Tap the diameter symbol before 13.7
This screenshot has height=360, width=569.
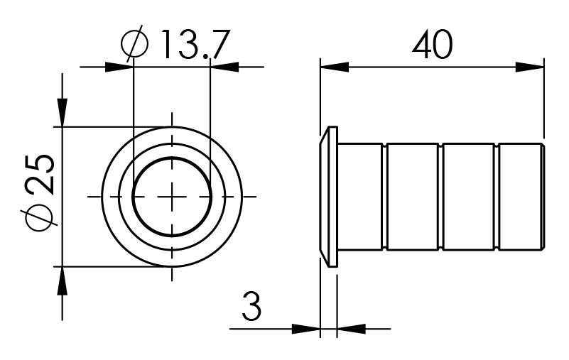pyautogui.click(x=134, y=45)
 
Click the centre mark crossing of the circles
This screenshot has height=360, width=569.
pyautogui.click(x=170, y=195)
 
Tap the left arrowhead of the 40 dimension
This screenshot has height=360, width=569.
pyautogui.click(x=333, y=67)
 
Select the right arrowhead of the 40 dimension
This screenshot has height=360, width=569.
pyautogui.click(x=529, y=67)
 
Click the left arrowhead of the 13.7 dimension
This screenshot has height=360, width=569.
pyautogui.click(x=119, y=67)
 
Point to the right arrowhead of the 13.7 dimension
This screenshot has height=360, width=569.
pyautogui.click(x=225, y=67)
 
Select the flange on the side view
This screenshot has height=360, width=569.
pyautogui.click(x=329, y=195)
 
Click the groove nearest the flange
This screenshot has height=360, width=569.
pyautogui.click(x=386, y=195)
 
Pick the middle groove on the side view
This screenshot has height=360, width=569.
pyautogui.click(x=440, y=195)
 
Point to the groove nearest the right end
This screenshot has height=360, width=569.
pyautogui.click(x=495, y=195)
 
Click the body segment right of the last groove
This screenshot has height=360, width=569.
pyautogui.click(x=520, y=195)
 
